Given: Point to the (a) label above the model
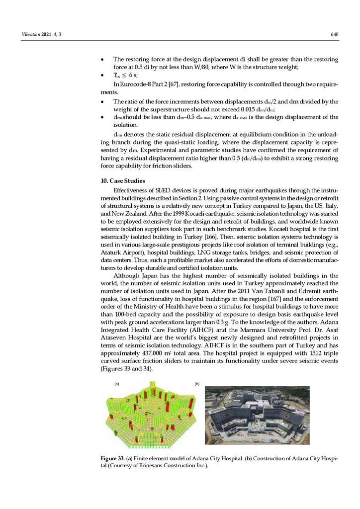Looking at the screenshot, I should (x=117, y=384).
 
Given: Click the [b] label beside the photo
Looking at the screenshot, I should (x=197, y=384).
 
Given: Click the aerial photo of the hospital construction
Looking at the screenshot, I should (x=257, y=415).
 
